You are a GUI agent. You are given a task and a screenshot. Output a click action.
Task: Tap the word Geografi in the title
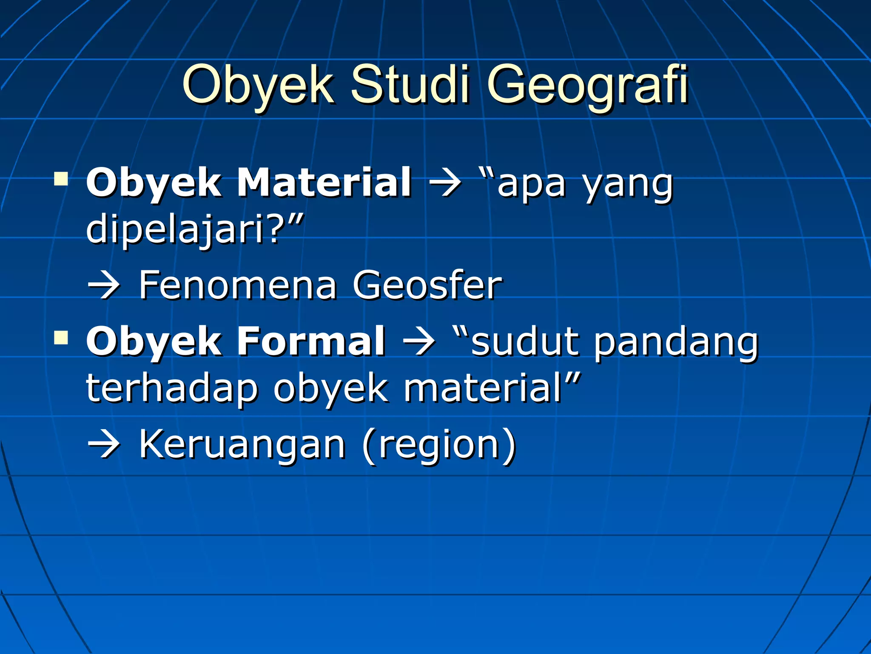pyautogui.click(x=587, y=85)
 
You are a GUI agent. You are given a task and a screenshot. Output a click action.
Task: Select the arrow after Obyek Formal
pyautogui.click(x=419, y=342)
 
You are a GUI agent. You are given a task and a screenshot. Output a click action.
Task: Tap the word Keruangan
pyautogui.click(x=242, y=445)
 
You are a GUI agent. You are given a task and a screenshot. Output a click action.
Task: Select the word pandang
pyautogui.click(x=676, y=342)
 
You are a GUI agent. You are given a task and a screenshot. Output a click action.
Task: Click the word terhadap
pyautogui.click(x=172, y=387)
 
